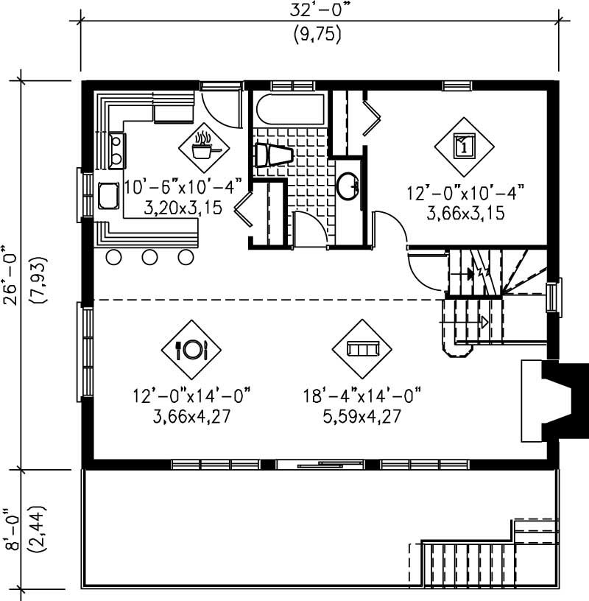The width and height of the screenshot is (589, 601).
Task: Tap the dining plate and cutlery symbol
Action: (x=191, y=348)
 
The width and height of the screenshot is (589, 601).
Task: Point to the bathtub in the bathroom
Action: (x=289, y=110)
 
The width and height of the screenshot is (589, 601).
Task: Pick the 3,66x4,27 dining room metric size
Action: (x=191, y=415)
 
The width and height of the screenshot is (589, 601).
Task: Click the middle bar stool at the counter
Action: (x=150, y=257)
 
